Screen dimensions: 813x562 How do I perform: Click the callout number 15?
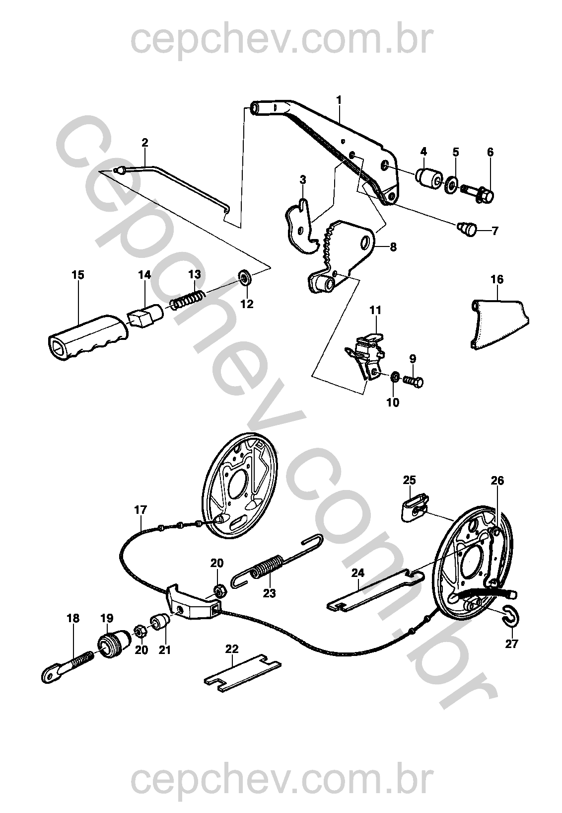tap(78, 275)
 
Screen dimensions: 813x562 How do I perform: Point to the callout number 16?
tap(497, 280)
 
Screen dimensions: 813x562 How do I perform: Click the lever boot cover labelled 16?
tap(499, 325)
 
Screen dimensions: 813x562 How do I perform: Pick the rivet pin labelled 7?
tap(466, 229)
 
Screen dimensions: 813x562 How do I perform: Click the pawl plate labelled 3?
tap(301, 223)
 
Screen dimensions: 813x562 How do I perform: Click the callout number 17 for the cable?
tap(140, 509)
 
